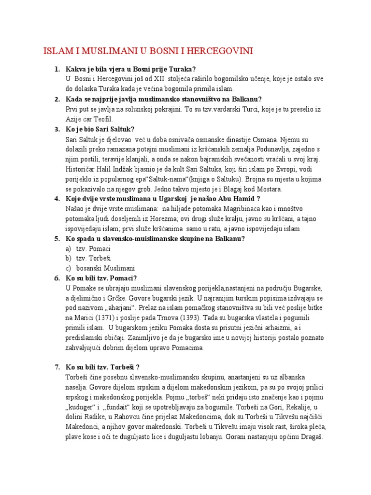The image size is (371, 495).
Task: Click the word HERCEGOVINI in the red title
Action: click(x=220, y=51)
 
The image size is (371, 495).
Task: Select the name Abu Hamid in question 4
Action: click(x=236, y=199)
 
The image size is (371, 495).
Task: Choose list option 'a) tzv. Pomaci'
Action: click(x=87, y=248)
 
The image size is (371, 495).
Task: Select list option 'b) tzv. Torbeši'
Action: click(x=88, y=258)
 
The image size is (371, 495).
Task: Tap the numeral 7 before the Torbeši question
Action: click(x=57, y=367)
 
